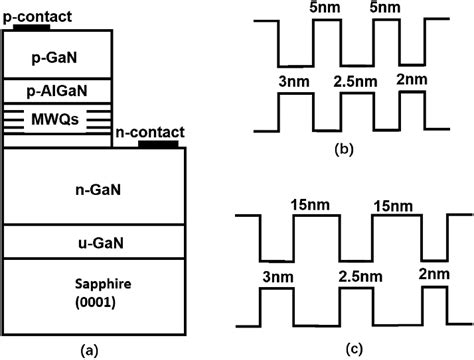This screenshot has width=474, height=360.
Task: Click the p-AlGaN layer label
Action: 55,91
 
